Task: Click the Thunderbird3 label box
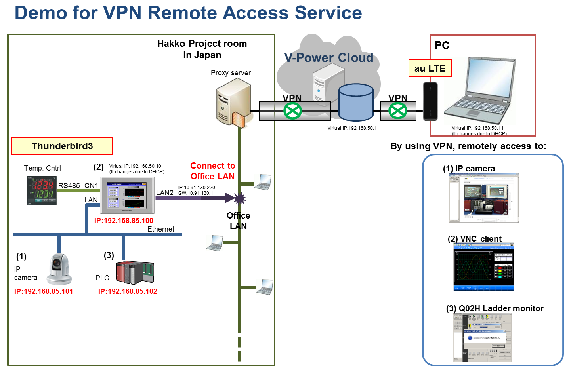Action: coord(62,146)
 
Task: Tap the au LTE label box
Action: coord(430,68)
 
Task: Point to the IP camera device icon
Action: coord(59,269)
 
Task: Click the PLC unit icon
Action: coord(135,272)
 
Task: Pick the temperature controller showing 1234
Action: coord(42,190)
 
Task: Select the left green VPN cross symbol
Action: coord(292,111)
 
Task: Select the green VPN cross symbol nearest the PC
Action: coord(397,111)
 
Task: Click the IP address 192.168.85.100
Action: coord(124,221)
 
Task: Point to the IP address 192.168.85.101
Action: coord(44,291)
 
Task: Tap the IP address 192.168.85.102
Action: coord(128,291)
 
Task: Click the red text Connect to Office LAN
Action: coord(212,171)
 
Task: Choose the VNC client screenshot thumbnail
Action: coord(483,267)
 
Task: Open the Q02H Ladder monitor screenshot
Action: coord(482,338)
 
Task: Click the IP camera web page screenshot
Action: coord(484,198)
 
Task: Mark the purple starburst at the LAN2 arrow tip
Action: coord(239,198)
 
